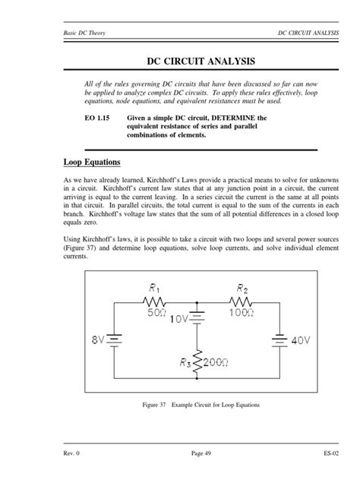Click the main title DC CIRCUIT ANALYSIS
pyautogui.click(x=179, y=61)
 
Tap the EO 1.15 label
pyautogui.click(x=99, y=118)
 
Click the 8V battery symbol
pyautogui.click(x=115, y=339)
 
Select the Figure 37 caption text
pyautogui.click(x=201, y=405)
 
